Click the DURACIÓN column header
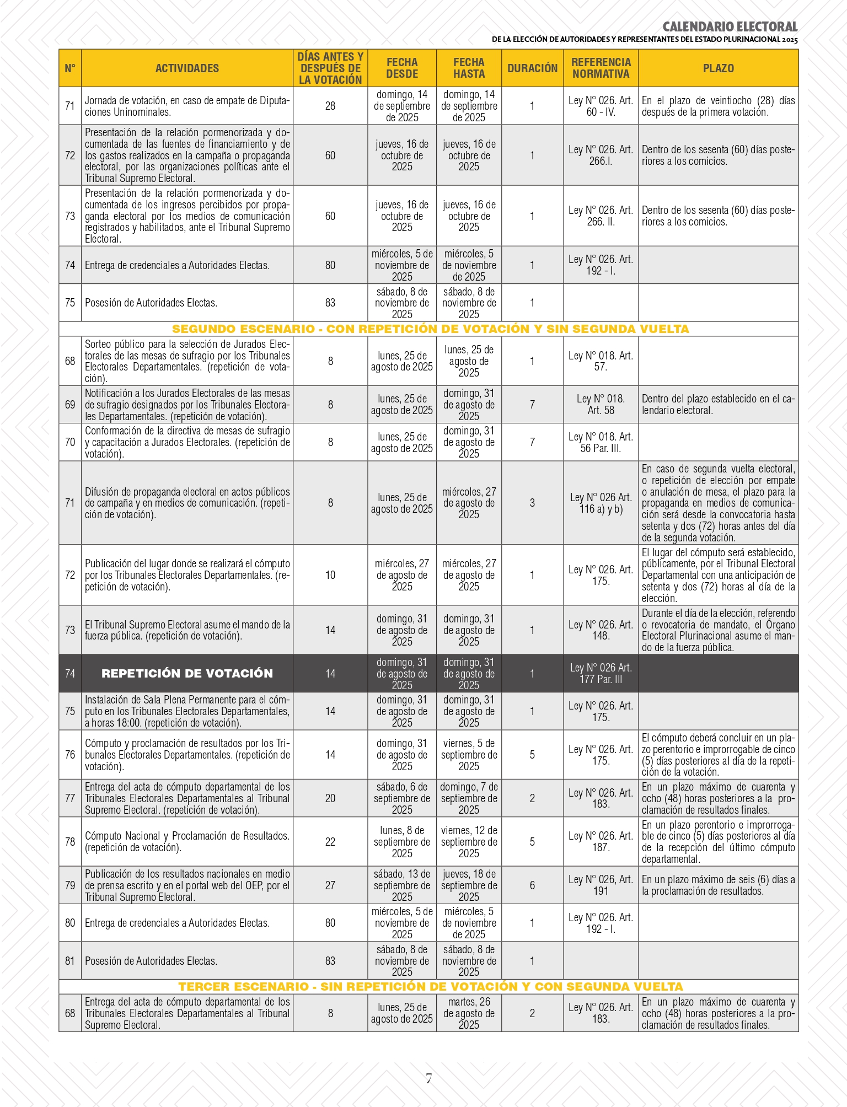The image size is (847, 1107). point(532,68)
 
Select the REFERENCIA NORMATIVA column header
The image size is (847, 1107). point(601,68)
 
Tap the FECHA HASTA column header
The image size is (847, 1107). point(469,68)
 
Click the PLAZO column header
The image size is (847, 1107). point(718,68)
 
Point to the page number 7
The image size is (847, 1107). point(428,1079)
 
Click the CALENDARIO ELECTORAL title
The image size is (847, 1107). point(730,27)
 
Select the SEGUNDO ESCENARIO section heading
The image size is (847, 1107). point(430,329)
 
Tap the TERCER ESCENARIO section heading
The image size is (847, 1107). point(430,986)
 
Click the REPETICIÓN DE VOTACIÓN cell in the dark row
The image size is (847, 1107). point(187,673)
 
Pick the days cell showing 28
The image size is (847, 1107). point(330,106)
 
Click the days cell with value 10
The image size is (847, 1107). point(330,575)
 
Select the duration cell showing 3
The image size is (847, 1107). point(532,503)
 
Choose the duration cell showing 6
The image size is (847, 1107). point(532,885)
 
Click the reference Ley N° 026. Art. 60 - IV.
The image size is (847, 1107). point(601,106)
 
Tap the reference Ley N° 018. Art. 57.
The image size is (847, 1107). point(601,361)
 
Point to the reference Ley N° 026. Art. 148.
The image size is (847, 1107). point(601,630)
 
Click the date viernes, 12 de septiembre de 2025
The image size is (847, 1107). point(469,842)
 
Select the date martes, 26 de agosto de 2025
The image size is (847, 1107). point(469,1013)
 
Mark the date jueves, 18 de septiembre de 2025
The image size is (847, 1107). point(469,885)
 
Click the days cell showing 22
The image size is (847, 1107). point(330,842)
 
